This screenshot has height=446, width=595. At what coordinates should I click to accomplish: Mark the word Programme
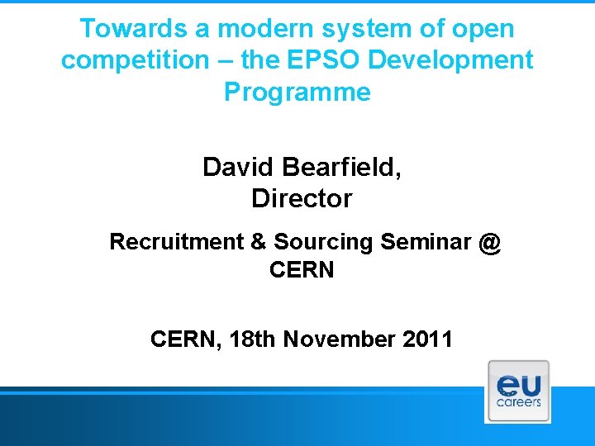[297, 92]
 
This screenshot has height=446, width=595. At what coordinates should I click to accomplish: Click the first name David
[239, 168]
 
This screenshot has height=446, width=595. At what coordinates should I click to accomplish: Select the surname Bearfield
[340, 168]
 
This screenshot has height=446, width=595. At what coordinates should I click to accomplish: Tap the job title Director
[302, 199]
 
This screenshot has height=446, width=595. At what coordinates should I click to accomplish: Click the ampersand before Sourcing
[259, 242]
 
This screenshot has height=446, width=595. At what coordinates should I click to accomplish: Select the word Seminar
[427, 242]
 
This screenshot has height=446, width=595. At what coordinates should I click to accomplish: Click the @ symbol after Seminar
[490, 242]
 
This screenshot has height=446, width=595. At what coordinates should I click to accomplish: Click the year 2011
[426, 339]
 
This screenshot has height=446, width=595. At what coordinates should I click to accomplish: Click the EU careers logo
[518, 391]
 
